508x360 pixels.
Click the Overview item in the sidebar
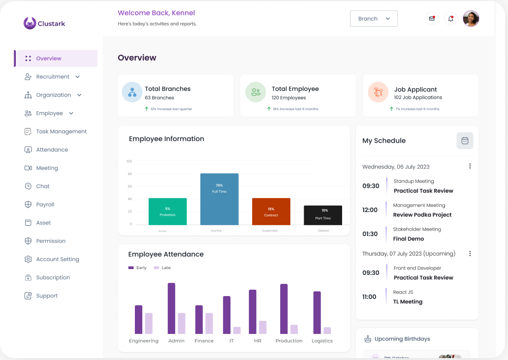[x=49, y=59]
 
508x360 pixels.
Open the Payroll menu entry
[x=45, y=205]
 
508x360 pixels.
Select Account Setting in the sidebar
[x=57, y=259]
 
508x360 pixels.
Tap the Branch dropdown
[x=374, y=19]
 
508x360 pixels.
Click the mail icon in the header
[x=432, y=19]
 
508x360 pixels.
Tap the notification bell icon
[x=450, y=19]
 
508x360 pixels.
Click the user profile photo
[x=471, y=19]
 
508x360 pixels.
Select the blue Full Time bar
[x=219, y=199]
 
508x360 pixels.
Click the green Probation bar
[x=167, y=211]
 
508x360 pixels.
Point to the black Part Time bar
[x=322, y=215]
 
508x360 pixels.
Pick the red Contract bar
[x=271, y=211]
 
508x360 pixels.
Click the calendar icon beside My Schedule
[x=465, y=141]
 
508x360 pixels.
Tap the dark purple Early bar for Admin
[x=171, y=308]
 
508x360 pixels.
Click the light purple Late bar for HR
[x=263, y=328]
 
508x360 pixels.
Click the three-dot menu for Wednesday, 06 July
[x=470, y=166]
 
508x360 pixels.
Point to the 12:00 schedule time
[x=370, y=210]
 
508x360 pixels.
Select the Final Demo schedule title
[x=408, y=239]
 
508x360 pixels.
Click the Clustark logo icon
[x=30, y=23]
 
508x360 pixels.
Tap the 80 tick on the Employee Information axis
[x=130, y=174]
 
